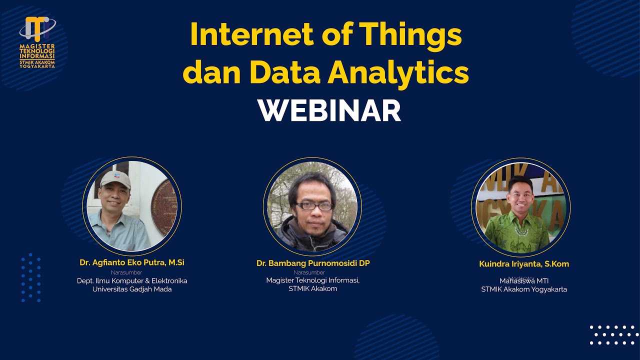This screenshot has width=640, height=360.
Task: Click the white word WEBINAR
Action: coord(329,111)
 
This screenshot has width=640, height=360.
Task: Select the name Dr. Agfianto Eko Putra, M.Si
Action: coord(132,262)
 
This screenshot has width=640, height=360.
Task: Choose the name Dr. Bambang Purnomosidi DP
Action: coord(313,263)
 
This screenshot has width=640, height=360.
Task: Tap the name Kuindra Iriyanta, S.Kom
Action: coord(524,264)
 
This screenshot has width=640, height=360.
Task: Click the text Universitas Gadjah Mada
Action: coord(132,289)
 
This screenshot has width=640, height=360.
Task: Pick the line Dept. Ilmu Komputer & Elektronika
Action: coord(132,281)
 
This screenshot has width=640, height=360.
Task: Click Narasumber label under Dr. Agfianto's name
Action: coord(126,272)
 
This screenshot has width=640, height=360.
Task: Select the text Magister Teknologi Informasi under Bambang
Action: coord(313,280)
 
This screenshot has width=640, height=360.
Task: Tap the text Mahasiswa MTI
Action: coord(524,281)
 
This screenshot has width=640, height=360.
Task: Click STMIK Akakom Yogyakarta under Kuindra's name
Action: coord(524,289)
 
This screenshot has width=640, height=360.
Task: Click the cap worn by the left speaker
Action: coord(115,179)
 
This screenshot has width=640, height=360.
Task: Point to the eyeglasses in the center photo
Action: coord(313,205)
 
